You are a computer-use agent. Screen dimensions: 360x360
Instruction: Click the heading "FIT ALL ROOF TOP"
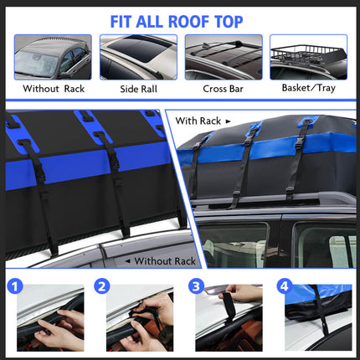(x=177, y=22)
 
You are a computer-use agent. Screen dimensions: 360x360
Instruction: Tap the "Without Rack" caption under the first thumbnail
(x=54, y=89)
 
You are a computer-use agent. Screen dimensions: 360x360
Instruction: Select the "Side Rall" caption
(x=138, y=89)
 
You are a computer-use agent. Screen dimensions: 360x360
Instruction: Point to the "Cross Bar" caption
(x=223, y=89)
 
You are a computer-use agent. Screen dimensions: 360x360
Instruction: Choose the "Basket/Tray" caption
(x=309, y=88)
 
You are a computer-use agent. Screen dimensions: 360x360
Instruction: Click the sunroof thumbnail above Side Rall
(x=138, y=57)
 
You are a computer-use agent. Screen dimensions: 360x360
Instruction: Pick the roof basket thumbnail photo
(x=309, y=57)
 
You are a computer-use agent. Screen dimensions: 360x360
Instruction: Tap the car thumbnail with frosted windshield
(x=53, y=57)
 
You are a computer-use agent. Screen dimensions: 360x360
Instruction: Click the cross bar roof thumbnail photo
(x=224, y=57)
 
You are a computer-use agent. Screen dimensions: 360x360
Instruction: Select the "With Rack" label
(x=198, y=121)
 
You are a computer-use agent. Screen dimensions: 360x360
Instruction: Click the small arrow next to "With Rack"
(x=228, y=121)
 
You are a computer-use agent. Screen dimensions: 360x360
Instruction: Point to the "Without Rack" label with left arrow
(x=161, y=261)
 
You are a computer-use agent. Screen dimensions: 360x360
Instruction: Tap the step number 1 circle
(x=15, y=286)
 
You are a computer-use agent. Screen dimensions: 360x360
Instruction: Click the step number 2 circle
(x=102, y=286)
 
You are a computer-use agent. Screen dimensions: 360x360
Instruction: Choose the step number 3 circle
(x=196, y=286)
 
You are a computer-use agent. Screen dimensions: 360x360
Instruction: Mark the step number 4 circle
(x=284, y=286)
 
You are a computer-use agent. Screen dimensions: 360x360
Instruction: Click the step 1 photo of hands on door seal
(x=50, y=318)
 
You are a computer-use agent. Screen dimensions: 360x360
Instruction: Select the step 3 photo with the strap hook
(x=229, y=318)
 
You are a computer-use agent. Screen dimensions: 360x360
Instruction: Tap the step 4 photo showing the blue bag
(x=318, y=318)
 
